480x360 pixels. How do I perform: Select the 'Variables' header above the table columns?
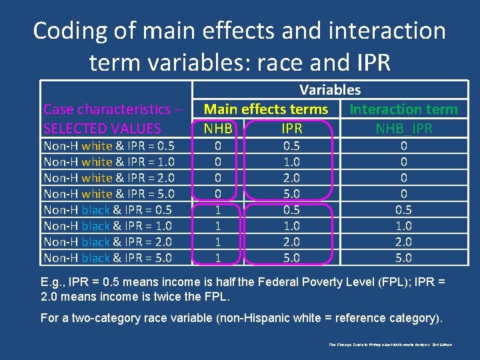[330, 90]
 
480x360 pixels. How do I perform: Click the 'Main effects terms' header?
[266, 109]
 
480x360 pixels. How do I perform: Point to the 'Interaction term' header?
[404, 109]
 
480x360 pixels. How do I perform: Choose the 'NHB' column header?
[219, 128]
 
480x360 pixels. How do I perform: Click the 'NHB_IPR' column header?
[404, 128]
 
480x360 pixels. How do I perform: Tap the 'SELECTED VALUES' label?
[102, 128]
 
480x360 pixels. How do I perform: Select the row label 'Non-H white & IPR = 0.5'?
[109, 146]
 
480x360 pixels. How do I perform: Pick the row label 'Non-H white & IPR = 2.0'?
[109, 178]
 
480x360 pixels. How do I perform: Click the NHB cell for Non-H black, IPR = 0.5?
[217, 210]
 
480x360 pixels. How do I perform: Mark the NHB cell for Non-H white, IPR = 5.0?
[217, 194]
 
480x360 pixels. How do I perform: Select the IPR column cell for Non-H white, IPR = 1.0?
[291, 162]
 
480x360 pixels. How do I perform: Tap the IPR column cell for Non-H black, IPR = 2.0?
[291, 242]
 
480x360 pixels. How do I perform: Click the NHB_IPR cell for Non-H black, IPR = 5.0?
[404, 258]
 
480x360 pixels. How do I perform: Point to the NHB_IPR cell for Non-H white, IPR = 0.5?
[404, 146]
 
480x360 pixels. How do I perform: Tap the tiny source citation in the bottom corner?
[390, 345]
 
